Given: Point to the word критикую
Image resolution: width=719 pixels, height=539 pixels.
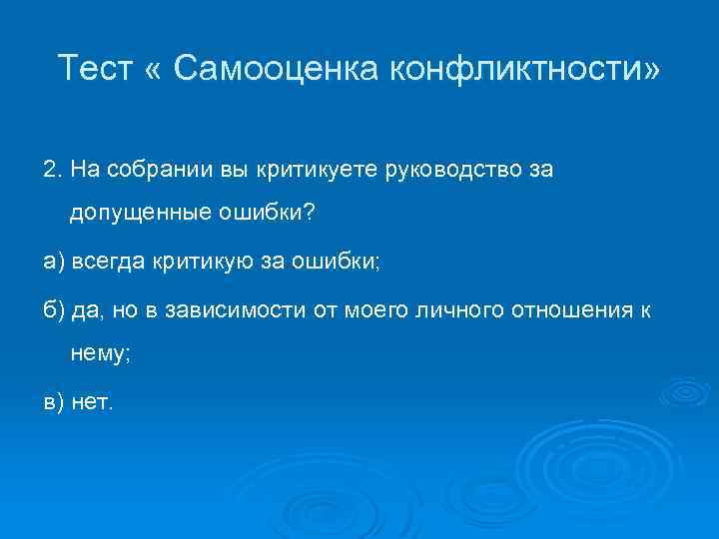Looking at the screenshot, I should (x=200, y=262).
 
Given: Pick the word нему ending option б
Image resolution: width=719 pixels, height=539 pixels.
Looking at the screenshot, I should (x=95, y=353).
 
